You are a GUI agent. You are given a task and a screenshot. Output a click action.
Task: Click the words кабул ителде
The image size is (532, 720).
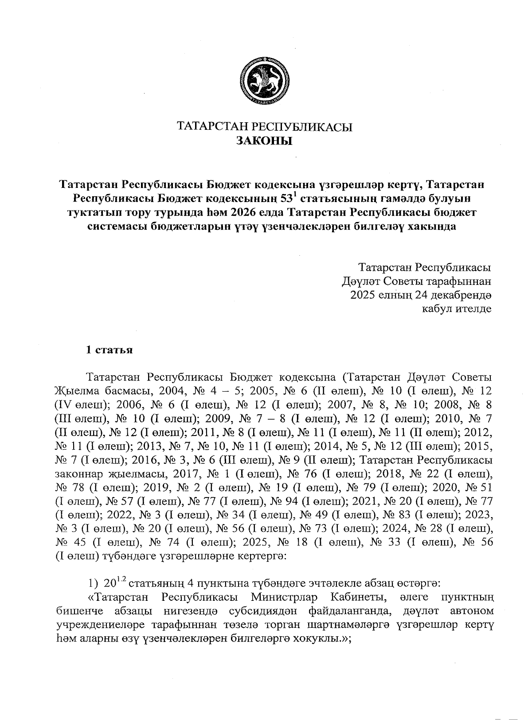coord(457,308)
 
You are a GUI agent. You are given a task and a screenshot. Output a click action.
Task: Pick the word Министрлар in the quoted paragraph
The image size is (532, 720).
coord(283,597)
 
